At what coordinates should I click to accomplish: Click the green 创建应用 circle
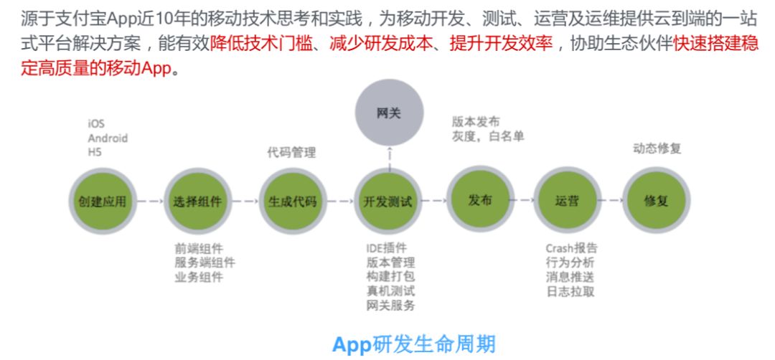click(103, 201)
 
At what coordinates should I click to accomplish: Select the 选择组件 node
click(197, 201)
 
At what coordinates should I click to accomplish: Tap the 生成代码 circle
click(293, 201)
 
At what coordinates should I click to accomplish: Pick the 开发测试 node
click(388, 201)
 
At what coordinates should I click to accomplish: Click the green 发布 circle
click(480, 199)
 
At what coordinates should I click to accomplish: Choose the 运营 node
click(568, 200)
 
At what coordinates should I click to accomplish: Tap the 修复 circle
click(657, 200)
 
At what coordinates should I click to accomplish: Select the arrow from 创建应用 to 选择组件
click(150, 202)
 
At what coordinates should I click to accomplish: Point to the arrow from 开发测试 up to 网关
click(390, 158)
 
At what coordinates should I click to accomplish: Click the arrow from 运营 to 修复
click(612, 200)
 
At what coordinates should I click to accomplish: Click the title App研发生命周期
click(414, 344)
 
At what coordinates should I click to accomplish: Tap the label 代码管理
click(291, 153)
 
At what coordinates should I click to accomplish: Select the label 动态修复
click(657, 148)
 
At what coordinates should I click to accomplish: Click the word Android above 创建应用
click(108, 138)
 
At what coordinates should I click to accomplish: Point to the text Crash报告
click(571, 248)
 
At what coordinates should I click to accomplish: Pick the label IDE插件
click(387, 248)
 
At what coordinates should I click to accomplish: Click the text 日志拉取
click(570, 291)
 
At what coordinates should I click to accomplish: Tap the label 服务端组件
click(205, 262)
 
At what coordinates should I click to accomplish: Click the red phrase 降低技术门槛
click(261, 44)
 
